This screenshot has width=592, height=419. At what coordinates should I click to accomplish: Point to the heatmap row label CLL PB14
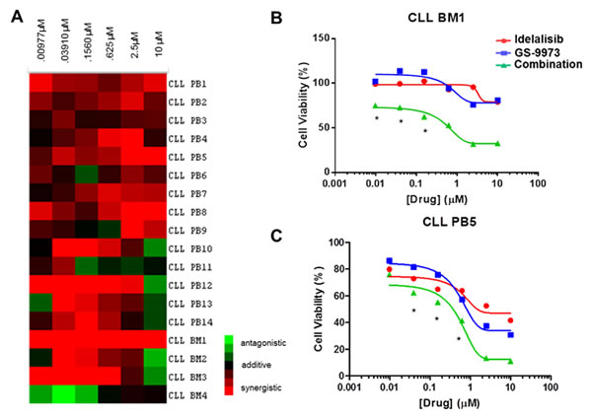click(x=190, y=320)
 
